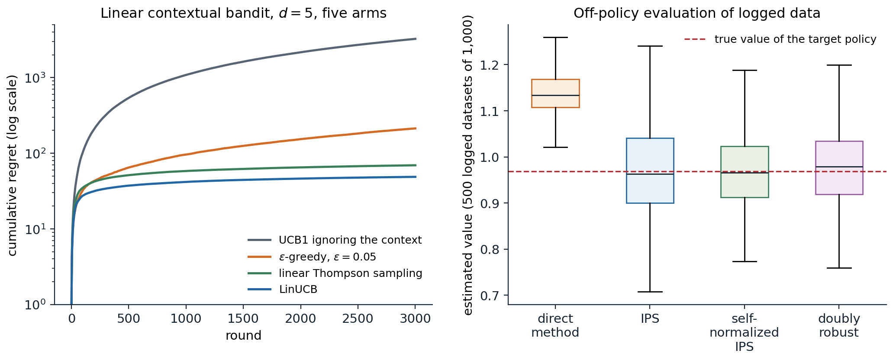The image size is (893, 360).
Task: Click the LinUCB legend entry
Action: (283, 289)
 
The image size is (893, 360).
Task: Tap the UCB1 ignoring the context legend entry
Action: (335, 240)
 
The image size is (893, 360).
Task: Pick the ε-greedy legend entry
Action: (312, 257)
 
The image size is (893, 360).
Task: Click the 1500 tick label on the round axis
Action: (243, 319)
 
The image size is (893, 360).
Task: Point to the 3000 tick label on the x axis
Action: (415, 319)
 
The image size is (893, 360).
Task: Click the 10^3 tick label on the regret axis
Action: (35, 77)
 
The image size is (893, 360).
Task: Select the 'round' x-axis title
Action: (243, 336)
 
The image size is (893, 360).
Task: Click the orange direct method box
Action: (555, 93)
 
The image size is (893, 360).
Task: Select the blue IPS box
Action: (650, 170)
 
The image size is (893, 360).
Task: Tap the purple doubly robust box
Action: (839, 168)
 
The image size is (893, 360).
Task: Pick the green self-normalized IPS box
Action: (745, 172)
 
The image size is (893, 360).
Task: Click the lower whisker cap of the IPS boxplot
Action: (650, 292)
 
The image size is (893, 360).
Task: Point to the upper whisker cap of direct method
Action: (555, 38)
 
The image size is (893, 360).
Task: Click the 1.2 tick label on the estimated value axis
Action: (490, 65)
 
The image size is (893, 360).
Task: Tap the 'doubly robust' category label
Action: (839, 326)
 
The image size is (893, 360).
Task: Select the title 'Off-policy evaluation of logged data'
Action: (697, 13)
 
